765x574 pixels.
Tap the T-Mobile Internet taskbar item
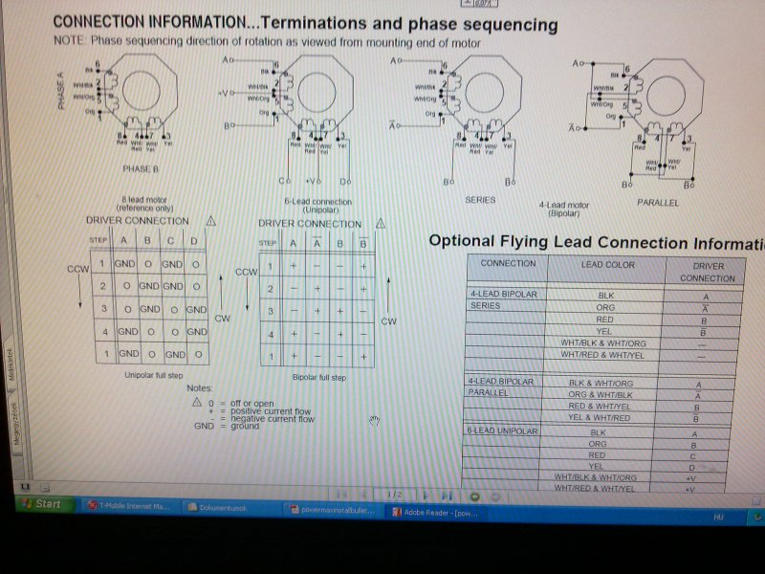(128, 506)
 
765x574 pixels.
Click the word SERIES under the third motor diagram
(479, 200)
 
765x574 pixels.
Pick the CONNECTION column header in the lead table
(508, 263)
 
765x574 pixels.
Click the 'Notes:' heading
(199, 388)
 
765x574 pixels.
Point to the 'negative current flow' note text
(272, 418)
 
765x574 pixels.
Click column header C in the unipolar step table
(172, 240)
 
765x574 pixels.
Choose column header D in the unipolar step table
(195, 240)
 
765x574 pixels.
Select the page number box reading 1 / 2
(395, 494)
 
